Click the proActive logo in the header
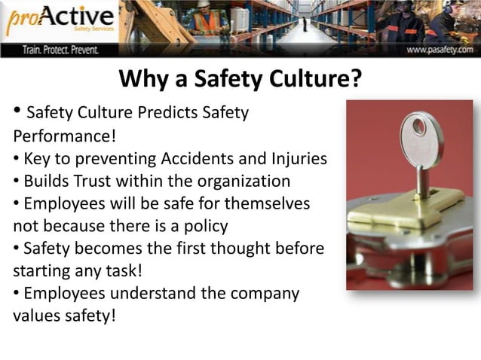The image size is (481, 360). click(x=60, y=22)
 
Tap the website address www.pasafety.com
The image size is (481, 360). click(x=440, y=50)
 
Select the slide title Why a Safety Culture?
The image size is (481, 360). click(x=240, y=78)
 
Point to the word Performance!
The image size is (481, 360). click(x=60, y=138)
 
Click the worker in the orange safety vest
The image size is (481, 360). click(x=204, y=21)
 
